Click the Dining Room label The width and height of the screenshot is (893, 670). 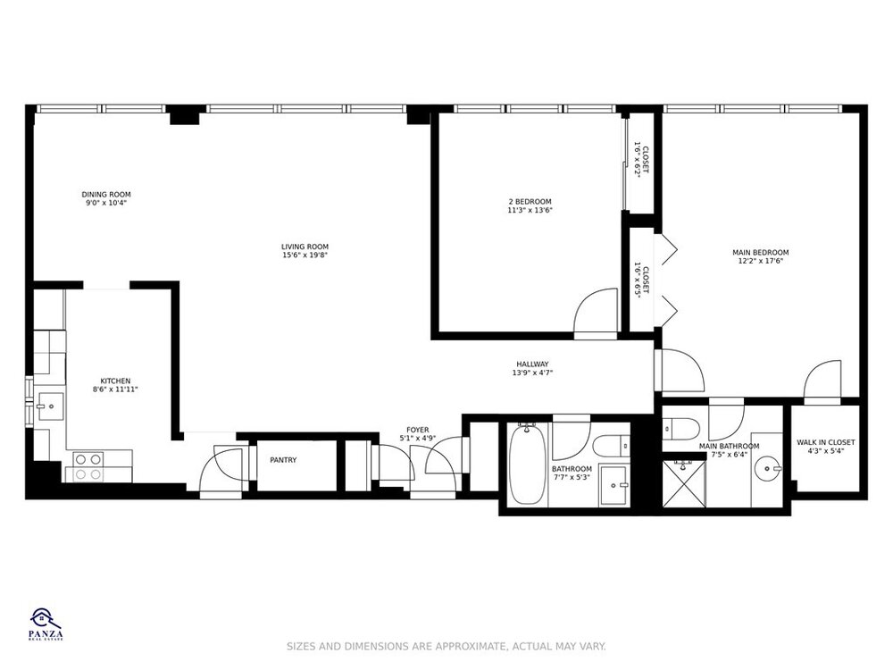tap(106, 194)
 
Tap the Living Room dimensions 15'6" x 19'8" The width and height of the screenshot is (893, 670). tap(305, 255)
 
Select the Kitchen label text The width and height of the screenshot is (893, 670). tap(115, 381)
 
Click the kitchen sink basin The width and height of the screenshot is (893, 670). tap(51, 406)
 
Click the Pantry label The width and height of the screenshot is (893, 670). tap(283, 460)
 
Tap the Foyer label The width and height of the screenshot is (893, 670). tap(417, 431)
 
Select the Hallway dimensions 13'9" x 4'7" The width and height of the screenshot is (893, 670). tap(532, 373)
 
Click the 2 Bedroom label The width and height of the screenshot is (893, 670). tap(530, 202)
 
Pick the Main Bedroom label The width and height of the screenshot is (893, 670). tap(760, 253)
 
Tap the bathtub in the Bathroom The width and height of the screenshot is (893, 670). tap(527, 464)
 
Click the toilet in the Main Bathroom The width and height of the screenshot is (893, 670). tap(681, 429)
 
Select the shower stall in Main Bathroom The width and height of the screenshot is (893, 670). tap(684, 483)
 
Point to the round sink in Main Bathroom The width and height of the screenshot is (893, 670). tap(768, 470)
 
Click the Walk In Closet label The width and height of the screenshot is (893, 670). tap(825, 442)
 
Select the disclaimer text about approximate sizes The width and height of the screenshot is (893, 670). tap(446, 647)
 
